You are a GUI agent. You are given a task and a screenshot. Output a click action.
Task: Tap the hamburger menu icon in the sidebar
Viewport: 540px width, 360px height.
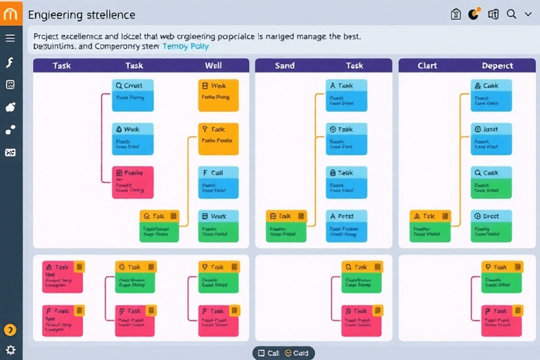click(10, 38)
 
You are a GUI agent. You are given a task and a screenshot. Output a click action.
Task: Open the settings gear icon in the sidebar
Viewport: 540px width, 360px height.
click(11, 349)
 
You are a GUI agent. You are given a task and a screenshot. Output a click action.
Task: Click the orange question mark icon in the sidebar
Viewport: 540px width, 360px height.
click(11, 330)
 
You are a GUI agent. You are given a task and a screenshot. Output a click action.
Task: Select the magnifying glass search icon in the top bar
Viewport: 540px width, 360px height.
click(511, 14)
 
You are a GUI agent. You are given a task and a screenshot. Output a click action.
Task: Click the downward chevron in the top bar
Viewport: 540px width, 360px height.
click(528, 14)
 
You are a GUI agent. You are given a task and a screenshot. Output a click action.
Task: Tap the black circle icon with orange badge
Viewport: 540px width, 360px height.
click(473, 14)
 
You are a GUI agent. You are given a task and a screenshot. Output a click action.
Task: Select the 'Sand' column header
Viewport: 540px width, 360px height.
click(285, 65)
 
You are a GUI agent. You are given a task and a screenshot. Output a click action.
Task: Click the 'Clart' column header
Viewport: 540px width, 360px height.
click(427, 65)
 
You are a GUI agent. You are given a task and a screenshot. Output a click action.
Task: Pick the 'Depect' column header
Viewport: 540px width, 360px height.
click(497, 65)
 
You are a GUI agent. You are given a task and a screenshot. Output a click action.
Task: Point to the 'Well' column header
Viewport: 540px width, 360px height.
click(214, 65)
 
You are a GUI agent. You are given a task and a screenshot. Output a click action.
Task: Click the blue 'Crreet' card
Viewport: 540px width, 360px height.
click(132, 96)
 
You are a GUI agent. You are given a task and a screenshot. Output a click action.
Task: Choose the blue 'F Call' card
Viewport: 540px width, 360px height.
click(218, 182)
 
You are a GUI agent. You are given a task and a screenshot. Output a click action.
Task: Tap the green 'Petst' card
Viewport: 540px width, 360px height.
click(346, 226)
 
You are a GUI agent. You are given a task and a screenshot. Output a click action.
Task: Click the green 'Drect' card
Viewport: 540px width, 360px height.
click(490, 226)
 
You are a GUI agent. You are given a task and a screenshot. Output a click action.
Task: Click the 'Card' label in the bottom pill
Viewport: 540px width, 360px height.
click(300, 353)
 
